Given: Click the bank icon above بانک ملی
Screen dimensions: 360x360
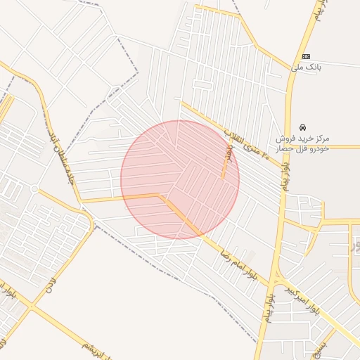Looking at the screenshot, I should coord(307,56).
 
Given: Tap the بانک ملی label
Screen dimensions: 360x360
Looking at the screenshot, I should coord(307,67).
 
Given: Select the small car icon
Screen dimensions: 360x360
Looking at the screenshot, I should coord(302,127).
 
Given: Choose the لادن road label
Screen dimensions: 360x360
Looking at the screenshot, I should coord(50,285).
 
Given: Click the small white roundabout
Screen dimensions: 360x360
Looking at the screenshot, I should coord(34,188).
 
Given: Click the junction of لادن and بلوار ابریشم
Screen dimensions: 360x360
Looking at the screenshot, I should coord(30,307).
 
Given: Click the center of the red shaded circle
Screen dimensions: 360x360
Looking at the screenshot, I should coord(180,180).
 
